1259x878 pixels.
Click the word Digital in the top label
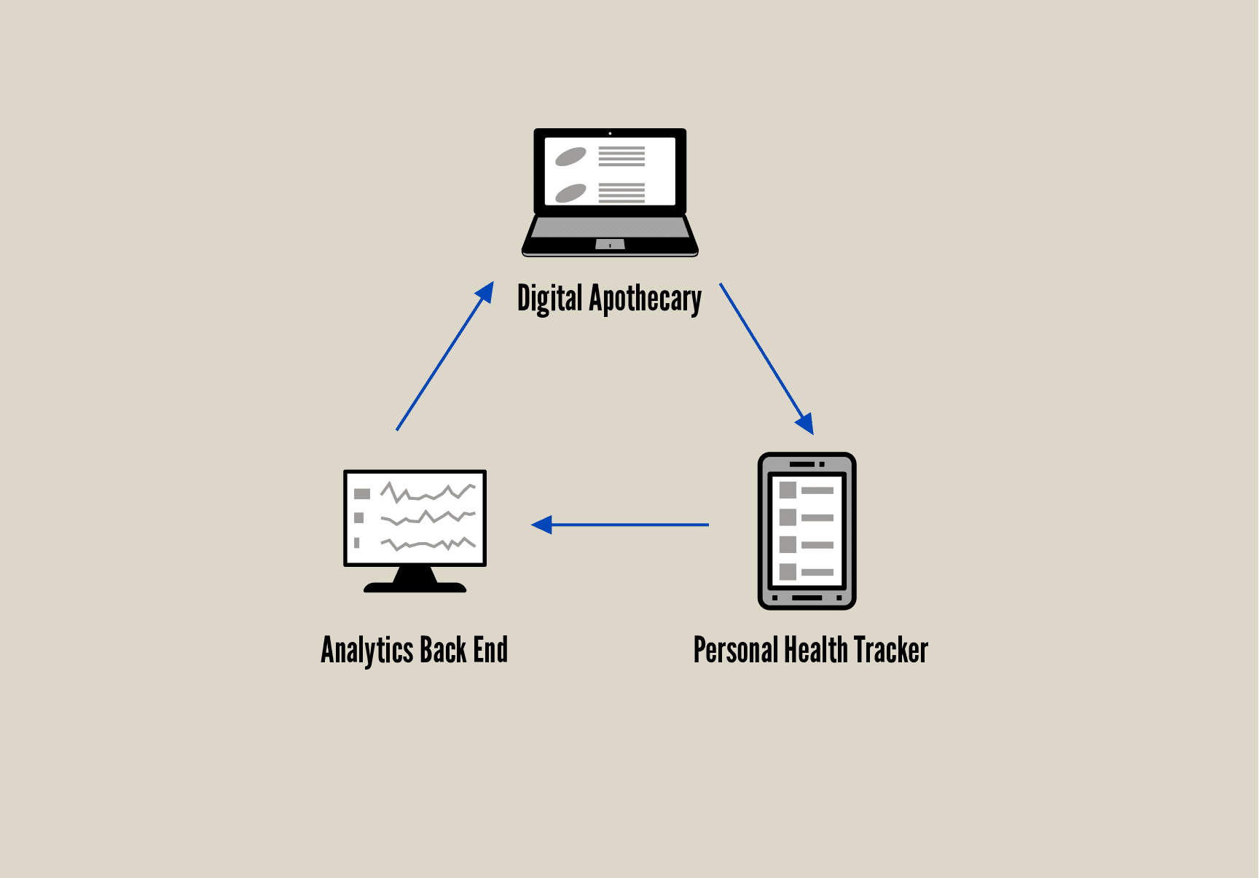[549, 299]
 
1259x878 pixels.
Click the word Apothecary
[646, 299]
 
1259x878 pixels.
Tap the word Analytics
[367, 650]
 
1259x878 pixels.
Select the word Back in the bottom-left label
[443, 650]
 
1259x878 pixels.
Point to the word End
[490, 650]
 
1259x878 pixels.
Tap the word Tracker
[891, 650]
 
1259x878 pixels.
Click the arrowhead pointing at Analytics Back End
[541, 525]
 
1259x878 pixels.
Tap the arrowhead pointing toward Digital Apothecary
[485, 292]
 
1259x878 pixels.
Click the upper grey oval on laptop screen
[570, 156]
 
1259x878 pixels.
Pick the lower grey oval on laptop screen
[570, 193]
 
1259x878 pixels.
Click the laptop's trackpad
[610, 244]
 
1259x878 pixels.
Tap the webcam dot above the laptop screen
[610, 133]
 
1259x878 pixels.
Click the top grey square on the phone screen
[788, 490]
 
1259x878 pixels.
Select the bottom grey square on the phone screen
[788, 571]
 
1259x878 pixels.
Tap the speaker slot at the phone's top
[802, 464]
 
